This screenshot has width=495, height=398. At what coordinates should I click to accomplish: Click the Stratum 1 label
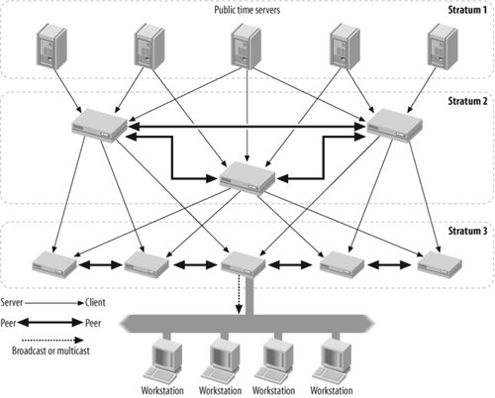click(467, 10)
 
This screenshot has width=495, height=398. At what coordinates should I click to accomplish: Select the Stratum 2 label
click(467, 101)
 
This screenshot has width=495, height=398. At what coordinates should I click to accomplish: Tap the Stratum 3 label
click(467, 231)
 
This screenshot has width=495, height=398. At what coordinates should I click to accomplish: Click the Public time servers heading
click(247, 10)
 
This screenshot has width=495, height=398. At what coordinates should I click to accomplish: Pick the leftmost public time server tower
click(51, 47)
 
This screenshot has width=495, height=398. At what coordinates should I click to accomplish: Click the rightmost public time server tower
click(443, 47)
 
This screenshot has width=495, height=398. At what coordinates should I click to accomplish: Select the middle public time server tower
click(247, 47)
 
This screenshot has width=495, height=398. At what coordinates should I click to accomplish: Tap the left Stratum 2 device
click(99, 126)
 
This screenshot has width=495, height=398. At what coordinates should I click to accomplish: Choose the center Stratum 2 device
click(247, 177)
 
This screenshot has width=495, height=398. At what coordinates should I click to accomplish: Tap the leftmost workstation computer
click(162, 361)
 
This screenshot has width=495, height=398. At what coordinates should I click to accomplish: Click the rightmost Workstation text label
click(332, 391)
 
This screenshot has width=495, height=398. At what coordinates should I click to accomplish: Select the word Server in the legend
click(12, 303)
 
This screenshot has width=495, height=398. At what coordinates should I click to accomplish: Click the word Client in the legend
click(95, 303)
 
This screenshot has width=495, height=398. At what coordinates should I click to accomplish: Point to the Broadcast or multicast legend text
click(50, 350)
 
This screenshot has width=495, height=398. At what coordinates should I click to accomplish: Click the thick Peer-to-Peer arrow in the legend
click(50, 323)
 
